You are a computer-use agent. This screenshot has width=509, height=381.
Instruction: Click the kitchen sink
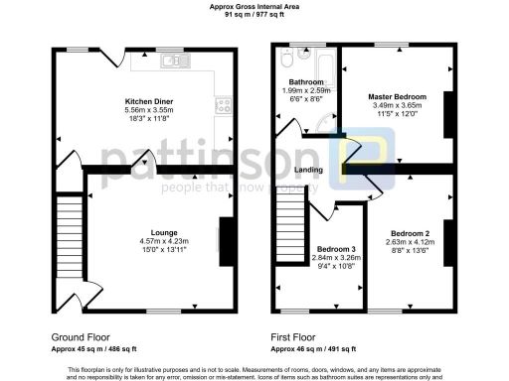pyautogui.click(x=178, y=61)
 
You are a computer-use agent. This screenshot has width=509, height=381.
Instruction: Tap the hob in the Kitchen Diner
pyautogui.click(x=223, y=104)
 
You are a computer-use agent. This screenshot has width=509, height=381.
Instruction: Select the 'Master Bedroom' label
pyautogui.click(x=397, y=96)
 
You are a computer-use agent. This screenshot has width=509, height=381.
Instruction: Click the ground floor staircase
pyautogui.click(x=68, y=229)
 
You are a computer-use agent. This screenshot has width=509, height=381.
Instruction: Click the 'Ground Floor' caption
pyautogui.click(x=79, y=336)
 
